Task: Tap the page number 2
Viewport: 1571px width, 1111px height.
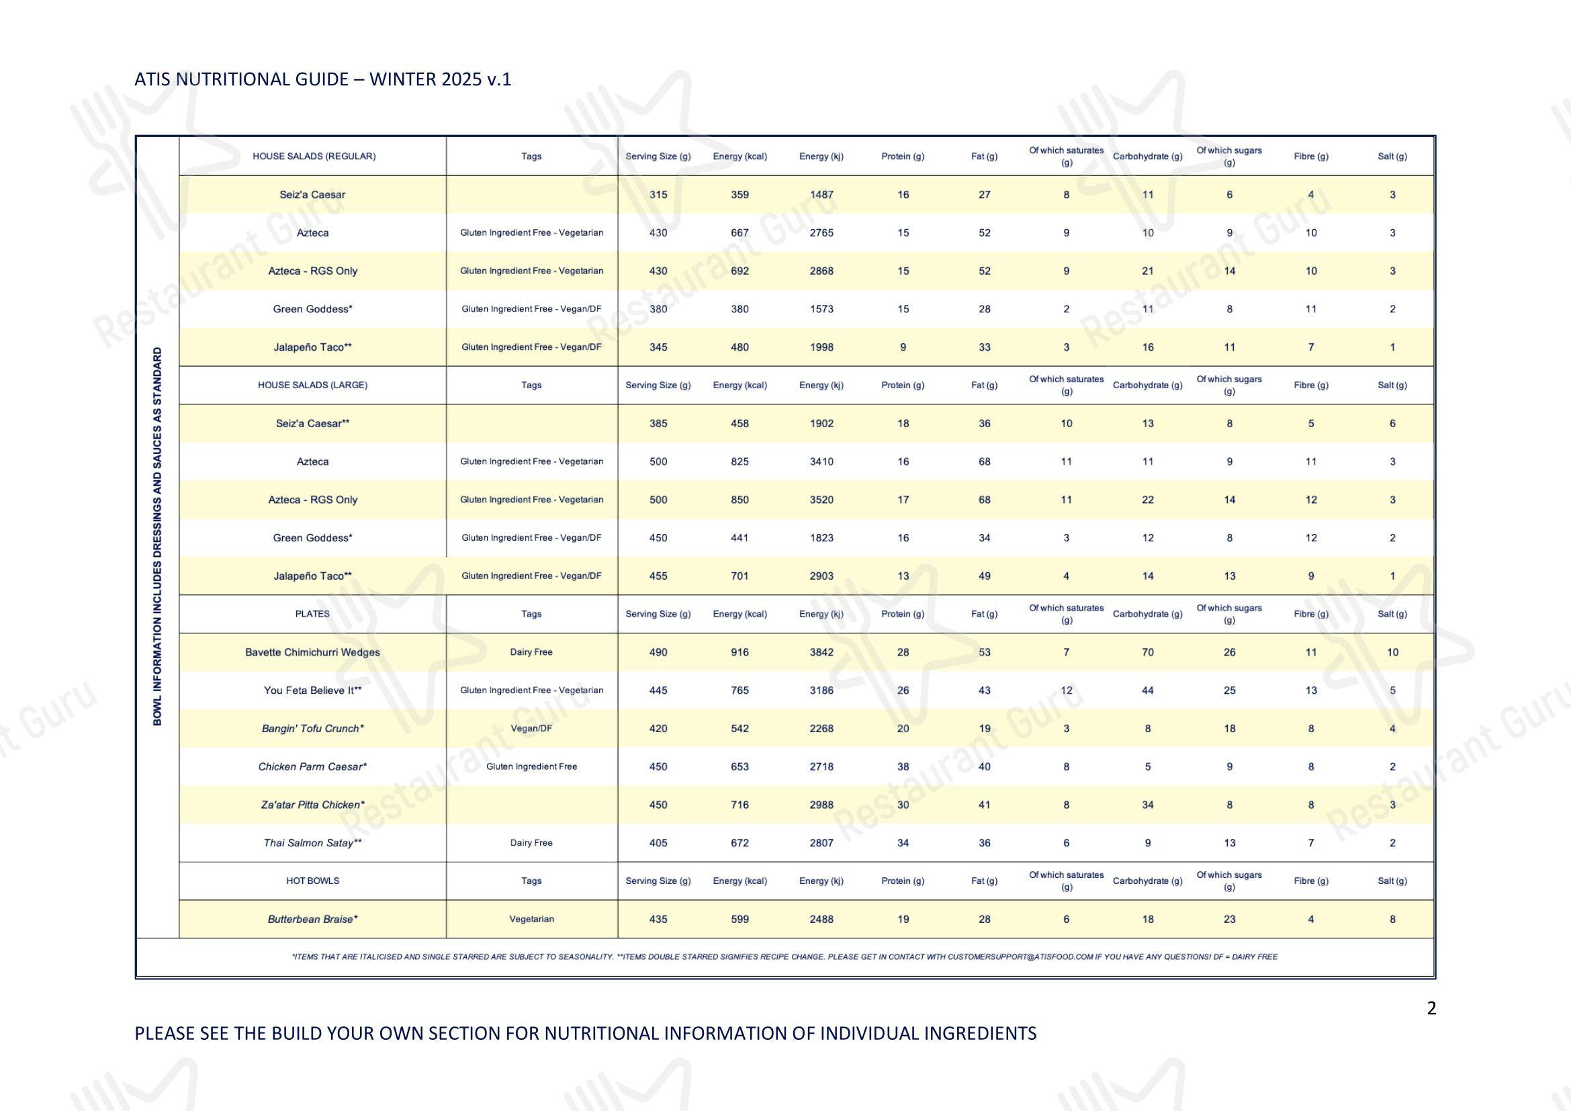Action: tap(1431, 1008)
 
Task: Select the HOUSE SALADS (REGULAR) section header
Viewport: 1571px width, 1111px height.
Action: tap(314, 156)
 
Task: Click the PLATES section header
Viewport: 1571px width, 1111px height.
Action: tap(313, 614)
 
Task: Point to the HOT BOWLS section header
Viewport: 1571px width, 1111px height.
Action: tap(313, 881)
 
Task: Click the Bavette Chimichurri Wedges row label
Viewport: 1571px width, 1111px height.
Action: tap(313, 652)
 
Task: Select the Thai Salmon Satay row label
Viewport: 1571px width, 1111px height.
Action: tap(313, 843)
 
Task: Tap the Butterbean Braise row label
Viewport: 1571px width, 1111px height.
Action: tap(313, 919)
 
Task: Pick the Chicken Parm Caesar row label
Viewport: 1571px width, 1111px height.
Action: tap(313, 766)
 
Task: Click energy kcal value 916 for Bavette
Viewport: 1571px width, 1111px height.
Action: tap(739, 652)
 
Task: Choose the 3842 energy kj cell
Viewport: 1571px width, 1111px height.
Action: tap(821, 652)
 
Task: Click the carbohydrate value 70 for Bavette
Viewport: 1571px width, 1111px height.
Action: tap(1148, 652)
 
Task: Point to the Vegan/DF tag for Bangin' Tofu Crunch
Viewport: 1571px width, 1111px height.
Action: tap(532, 729)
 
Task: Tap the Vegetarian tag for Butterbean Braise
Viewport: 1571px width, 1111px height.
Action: tap(532, 919)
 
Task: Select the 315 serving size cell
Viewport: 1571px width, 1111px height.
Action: tap(658, 194)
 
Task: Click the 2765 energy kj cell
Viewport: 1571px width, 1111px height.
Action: tap(821, 232)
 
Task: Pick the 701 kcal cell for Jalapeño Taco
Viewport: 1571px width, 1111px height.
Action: tap(739, 576)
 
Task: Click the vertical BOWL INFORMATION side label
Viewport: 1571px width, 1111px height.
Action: tap(157, 537)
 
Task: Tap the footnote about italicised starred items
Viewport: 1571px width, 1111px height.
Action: tap(784, 957)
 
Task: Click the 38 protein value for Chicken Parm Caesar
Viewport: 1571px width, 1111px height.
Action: tap(903, 766)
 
